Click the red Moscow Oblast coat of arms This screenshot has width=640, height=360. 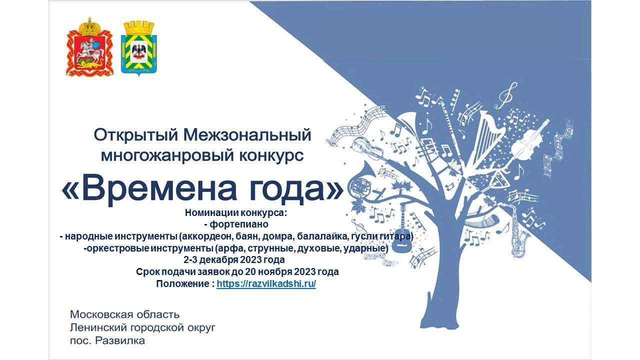click(x=89, y=47)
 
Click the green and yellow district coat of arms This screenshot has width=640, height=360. click(x=139, y=48)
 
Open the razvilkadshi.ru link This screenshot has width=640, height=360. click(x=266, y=284)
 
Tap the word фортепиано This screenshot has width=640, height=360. click(x=239, y=224)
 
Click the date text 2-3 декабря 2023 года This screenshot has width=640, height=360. click(x=234, y=260)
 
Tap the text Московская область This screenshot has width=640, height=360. click(x=125, y=314)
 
